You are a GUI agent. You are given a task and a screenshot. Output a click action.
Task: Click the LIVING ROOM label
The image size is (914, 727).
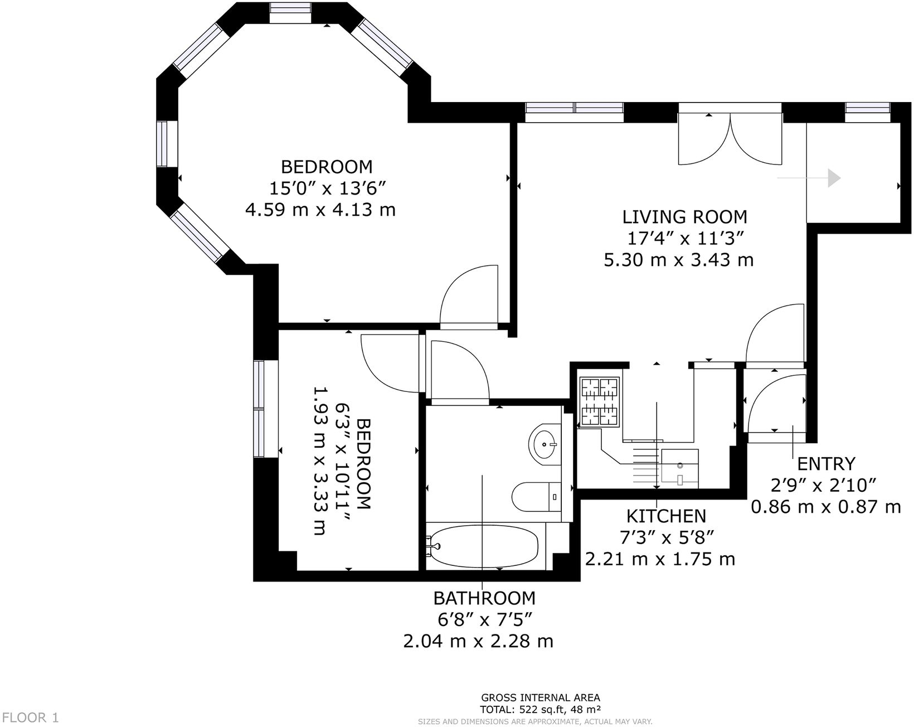tap(684, 216)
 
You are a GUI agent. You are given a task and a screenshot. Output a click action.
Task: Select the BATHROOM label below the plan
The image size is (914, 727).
tap(484, 598)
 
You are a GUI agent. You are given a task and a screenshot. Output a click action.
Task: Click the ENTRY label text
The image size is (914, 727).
tap(825, 463)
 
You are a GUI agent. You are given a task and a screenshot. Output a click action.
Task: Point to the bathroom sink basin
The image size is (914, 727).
tap(544, 444)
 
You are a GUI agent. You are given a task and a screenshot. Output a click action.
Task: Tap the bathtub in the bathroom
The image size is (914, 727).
tap(484, 546)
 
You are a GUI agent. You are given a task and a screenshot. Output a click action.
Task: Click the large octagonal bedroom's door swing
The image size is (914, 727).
tap(468, 295)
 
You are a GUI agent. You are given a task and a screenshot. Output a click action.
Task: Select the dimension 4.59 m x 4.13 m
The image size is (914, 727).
tap(320, 210)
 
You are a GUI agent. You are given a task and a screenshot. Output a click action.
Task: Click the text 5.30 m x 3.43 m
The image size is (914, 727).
tap(679, 259)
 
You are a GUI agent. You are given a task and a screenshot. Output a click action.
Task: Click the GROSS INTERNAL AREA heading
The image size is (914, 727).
tap(540, 697)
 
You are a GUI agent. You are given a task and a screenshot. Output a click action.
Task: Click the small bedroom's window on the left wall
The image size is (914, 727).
tap(259, 409)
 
